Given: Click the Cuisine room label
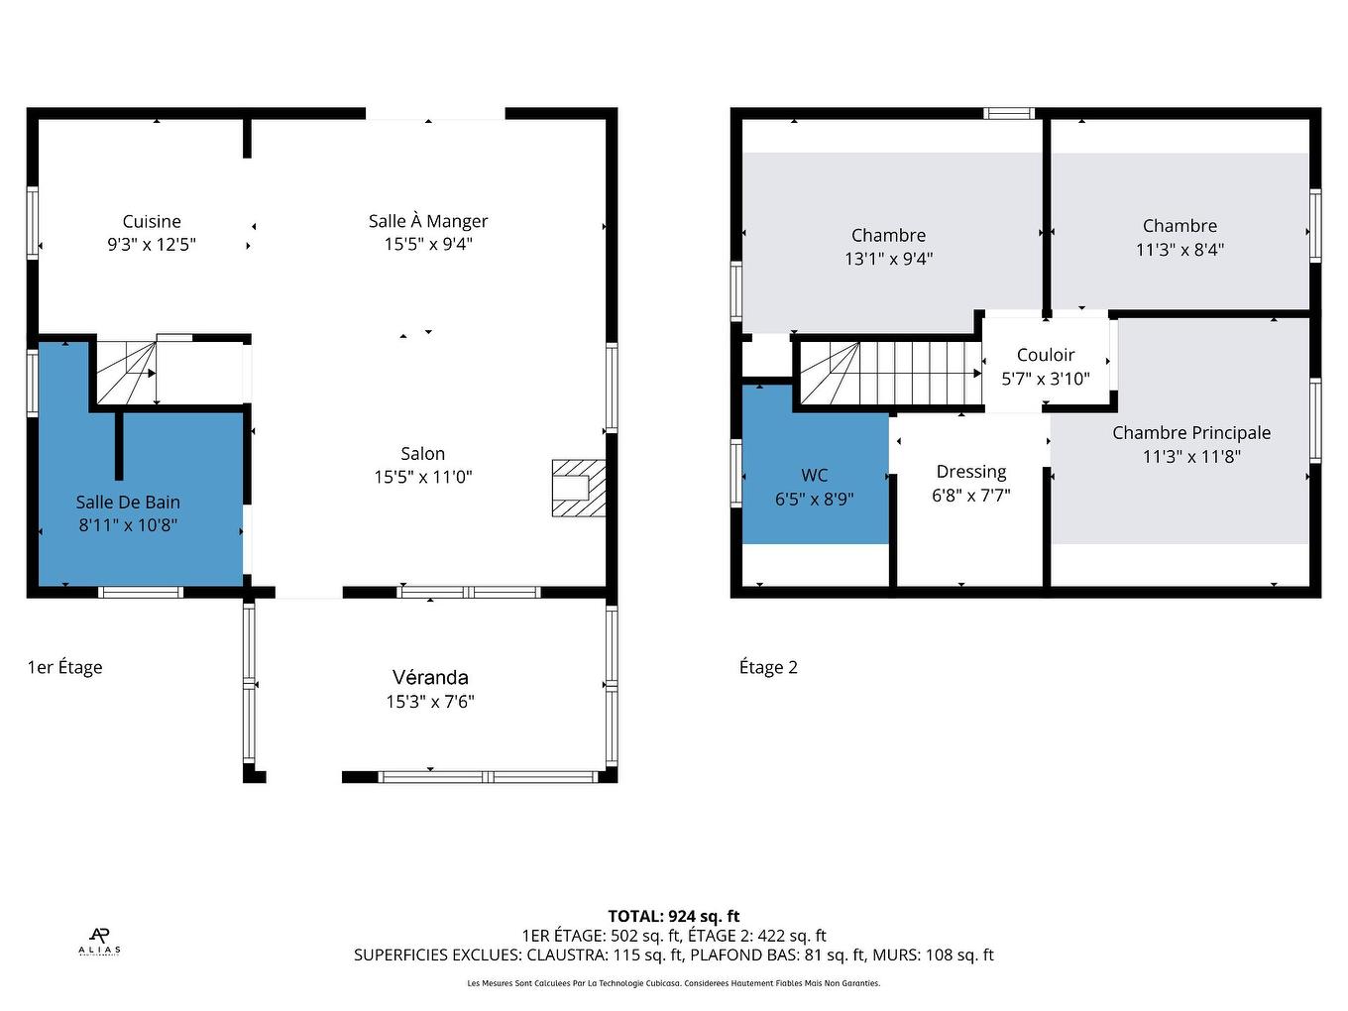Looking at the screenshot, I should (152, 221).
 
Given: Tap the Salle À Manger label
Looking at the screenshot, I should (428, 221).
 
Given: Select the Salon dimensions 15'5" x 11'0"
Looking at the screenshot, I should (423, 477).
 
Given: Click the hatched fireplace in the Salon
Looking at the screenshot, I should (578, 488).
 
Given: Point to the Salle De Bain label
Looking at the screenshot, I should (128, 502).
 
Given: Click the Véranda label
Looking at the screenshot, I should (430, 677).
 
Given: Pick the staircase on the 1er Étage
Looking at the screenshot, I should (127, 372).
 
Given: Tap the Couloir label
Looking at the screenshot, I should (1046, 355).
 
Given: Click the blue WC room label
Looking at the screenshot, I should (815, 475).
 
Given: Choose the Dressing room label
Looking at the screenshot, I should (971, 472).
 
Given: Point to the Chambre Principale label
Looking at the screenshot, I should (1191, 432).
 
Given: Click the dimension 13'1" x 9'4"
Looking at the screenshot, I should (889, 259).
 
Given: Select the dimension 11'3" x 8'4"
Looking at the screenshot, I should (1179, 250).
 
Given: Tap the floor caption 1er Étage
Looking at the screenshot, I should (65, 667).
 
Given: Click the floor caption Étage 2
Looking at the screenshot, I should (768, 667).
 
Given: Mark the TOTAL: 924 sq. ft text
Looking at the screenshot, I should (674, 916).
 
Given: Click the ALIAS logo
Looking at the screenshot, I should (99, 941).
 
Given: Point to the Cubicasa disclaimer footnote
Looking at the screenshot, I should (674, 983).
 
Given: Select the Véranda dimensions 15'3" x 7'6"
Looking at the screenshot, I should (430, 702).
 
